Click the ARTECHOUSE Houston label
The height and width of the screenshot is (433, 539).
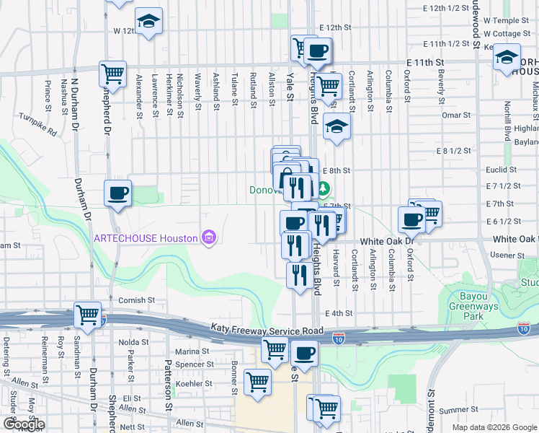(148, 238)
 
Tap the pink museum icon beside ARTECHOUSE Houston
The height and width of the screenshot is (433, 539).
(209, 237)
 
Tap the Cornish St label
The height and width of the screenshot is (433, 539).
(137, 299)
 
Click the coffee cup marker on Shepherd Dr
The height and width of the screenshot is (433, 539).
(117, 193)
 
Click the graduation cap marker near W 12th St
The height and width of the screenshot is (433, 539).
(149, 20)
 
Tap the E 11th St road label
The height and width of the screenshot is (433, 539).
(424, 64)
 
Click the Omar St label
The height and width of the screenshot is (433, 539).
(455, 115)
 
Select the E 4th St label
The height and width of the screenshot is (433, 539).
(338, 313)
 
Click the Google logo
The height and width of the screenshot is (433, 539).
(23, 424)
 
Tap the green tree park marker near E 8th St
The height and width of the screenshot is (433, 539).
(324, 190)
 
